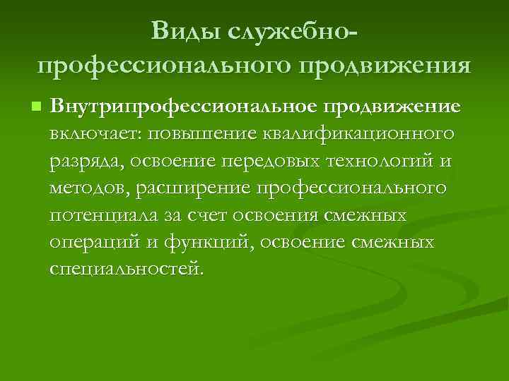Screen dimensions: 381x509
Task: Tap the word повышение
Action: (x=189, y=133)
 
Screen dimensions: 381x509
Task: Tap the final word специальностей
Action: (x=124, y=269)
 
